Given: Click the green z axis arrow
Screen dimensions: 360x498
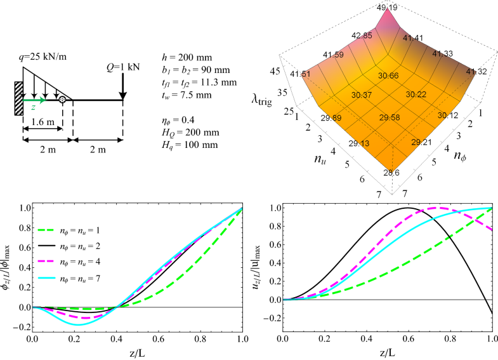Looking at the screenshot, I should point(35,100).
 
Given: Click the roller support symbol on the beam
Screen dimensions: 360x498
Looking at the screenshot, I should point(62,100).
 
